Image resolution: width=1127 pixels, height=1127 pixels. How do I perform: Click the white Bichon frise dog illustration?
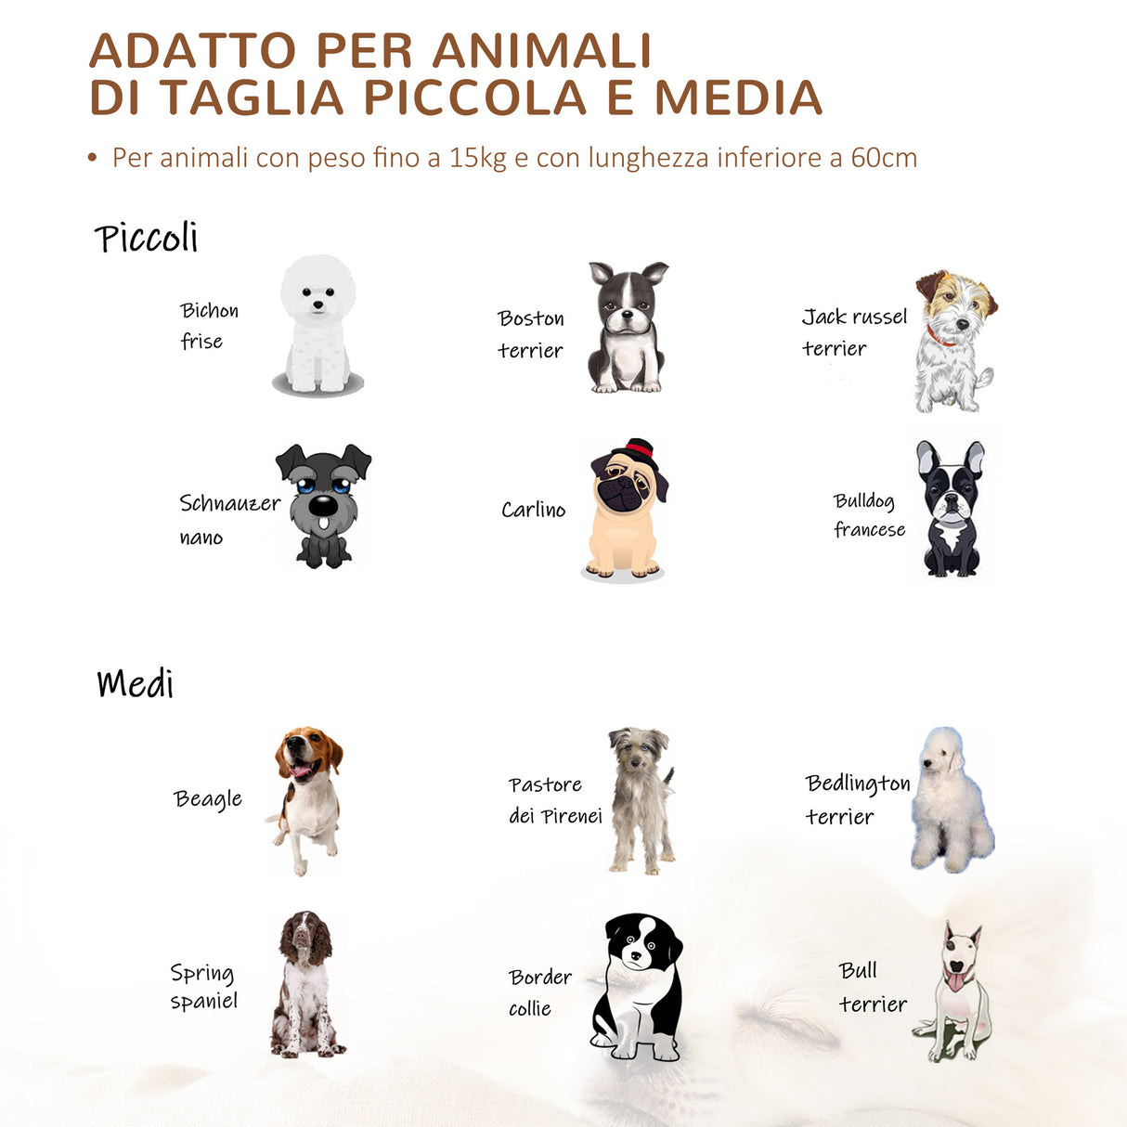coord(317,326)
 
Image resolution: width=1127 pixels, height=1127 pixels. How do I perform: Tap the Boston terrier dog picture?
coord(628,327)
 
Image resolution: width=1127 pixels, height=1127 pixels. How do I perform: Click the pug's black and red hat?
coord(641,451)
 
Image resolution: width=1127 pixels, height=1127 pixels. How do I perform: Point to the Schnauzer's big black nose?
coord(322,506)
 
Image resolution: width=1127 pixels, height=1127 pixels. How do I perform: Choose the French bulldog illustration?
coord(950,509)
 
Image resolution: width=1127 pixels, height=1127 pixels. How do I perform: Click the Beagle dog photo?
coord(307,798)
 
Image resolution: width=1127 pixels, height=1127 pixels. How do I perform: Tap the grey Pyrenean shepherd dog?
coord(641,799)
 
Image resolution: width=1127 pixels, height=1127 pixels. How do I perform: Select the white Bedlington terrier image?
coord(951,801)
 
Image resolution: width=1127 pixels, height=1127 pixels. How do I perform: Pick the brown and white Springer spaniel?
coord(304,984)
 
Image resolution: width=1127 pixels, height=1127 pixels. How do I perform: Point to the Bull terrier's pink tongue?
coord(953,982)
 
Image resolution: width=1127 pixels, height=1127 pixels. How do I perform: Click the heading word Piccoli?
coord(146,239)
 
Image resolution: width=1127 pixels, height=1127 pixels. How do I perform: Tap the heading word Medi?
coord(135,684)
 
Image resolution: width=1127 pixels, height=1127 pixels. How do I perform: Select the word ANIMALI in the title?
coord(542,51)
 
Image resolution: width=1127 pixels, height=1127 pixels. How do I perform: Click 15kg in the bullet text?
coord(477,158)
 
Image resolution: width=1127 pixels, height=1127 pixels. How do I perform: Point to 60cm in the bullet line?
coord(884,158)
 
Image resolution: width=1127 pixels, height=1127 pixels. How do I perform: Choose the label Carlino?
coord(533,510)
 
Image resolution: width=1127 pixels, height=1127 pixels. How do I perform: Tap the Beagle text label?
coord(208,799)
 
